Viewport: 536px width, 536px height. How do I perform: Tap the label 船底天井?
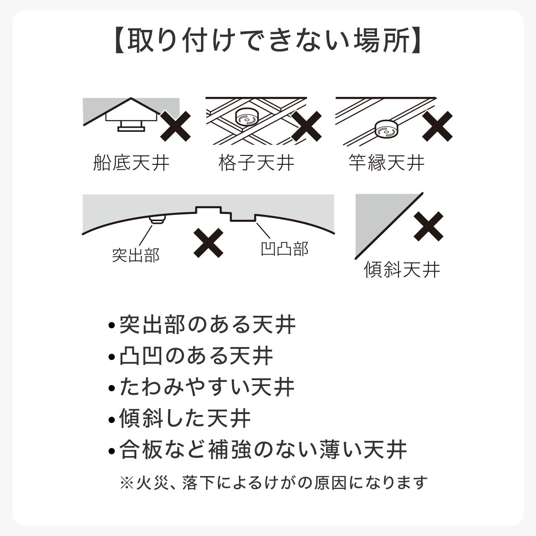point(131,163)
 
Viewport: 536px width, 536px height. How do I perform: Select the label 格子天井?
point(256,163)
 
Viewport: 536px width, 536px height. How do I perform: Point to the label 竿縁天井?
point(386,163)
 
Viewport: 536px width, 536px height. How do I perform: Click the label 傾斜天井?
point(402,270)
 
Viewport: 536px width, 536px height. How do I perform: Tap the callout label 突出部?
point(135,255)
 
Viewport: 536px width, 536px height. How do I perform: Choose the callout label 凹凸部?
point(285,249)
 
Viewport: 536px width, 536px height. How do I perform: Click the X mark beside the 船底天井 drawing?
point(176,126)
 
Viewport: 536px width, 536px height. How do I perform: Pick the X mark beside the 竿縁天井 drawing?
point(437,126)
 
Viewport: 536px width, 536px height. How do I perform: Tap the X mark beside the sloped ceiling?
point(428,226)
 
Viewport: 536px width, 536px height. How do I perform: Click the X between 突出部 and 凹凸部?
point(209,243)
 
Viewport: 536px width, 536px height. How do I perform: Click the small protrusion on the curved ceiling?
point(157,218)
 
